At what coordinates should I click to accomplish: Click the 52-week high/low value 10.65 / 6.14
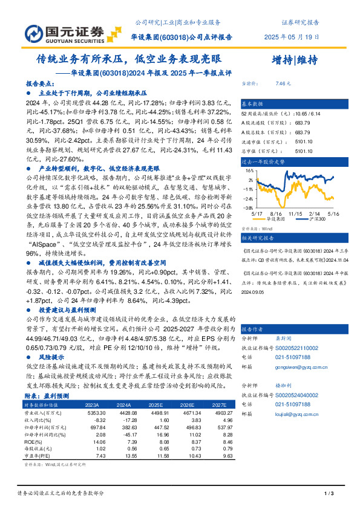click(307, 114)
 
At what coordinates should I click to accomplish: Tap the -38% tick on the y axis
click(249, 206)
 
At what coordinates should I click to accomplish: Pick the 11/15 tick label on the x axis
click(295, 213)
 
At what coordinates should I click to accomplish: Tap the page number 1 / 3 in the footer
click(329, 494)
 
